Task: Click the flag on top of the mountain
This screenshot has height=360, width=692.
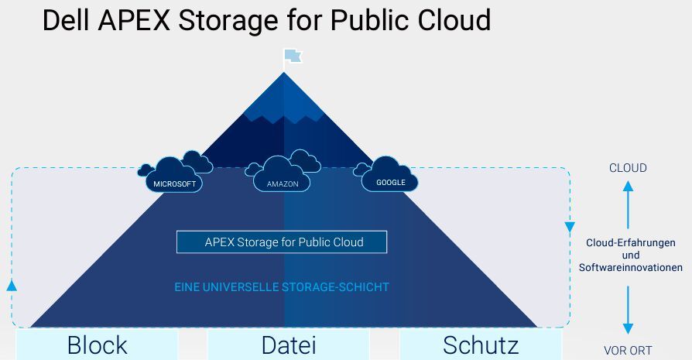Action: pyautogui.click(x=292, y=56)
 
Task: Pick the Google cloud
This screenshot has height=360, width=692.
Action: pyautogui.click(x=390, y=177)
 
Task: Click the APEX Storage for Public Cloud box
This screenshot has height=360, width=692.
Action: pyautogui.click(x=282, y=242)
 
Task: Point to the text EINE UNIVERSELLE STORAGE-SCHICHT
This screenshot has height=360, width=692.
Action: pyautogui.click(x=282, y=287)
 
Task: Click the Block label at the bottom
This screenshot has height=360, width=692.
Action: pyautogui.click(x=97, y=345)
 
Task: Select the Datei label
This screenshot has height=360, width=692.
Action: pyautogui.click(x=288, y=345)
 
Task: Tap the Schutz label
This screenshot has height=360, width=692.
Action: pyautogui.click(x=480, y=345)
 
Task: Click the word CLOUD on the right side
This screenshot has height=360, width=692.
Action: pyautogui.click(x=628, y=168)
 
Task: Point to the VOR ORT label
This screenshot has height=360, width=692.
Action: pyautogui.click(x=628, y=350)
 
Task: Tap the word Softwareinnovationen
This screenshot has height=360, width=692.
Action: pyautogui.click(x=631, y=267)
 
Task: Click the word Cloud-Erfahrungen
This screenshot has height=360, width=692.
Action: pyautogui.click(x=631, y=243)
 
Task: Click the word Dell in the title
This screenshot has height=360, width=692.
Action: pyautogui.click(x=67, y=21)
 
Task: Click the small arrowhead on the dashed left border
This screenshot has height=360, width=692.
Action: pyautogui.click(x=12, y=285)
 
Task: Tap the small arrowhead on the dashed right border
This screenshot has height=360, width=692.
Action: pyautogui.click(x=570, y=228)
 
